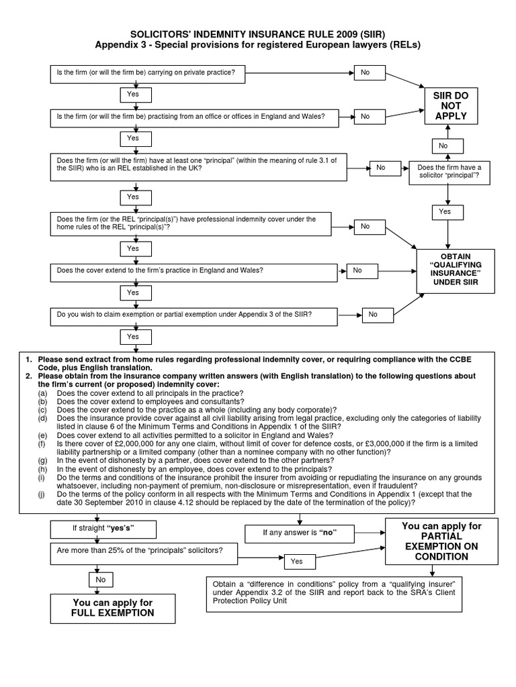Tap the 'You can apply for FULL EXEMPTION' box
(114, 608)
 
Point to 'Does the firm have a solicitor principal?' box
(449, 172)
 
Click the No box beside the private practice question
(371, 72)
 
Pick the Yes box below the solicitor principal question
(445, 211)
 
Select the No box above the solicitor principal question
(443, 145)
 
